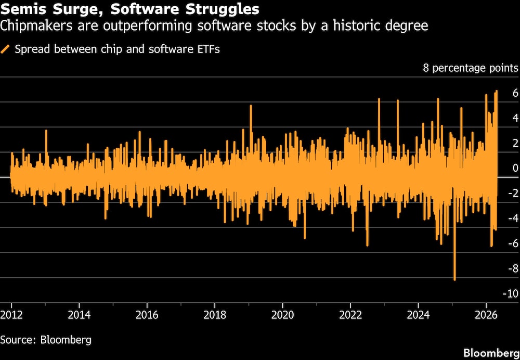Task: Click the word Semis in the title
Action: [20, 9]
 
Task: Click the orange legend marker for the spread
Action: [6, 49]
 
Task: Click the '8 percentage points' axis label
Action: [470, 68]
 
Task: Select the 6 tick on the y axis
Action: [515, 93]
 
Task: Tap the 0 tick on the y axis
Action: [515, 168]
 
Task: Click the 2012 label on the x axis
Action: [11, 315]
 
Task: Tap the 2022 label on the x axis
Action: [350, 315]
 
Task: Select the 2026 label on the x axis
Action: [485, 315]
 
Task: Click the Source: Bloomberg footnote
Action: [46, 340]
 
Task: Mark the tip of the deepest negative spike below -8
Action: [454, 280]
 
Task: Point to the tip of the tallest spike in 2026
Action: [497, 91]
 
